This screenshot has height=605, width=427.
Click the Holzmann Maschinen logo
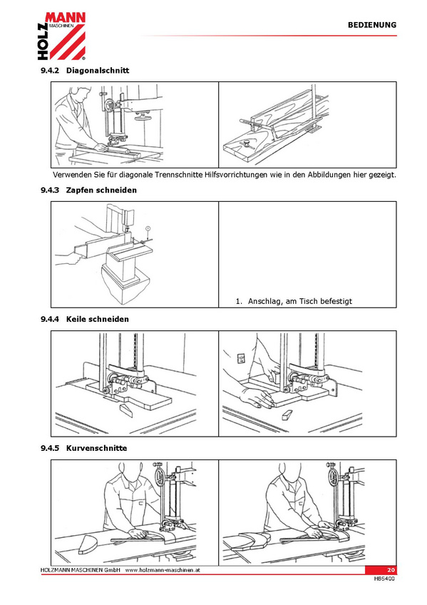pos(61,36)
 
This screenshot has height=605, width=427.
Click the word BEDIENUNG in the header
pos(372,25)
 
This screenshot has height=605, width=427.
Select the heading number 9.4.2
pos(50,71)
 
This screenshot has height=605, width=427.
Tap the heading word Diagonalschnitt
pos(98,71)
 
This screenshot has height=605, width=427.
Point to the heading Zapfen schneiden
pos(101,190)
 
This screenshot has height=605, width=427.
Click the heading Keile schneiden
pos(98,319)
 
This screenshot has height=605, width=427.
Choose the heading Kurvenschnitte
pos(96,448)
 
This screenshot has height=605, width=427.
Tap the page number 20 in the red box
pos(391,570)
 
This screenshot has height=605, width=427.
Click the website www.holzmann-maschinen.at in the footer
pos(163,570)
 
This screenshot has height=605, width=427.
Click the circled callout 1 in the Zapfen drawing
pos(148,229)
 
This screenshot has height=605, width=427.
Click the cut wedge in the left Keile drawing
pos(126,410)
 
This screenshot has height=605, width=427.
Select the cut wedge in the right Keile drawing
pos(287,415)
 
